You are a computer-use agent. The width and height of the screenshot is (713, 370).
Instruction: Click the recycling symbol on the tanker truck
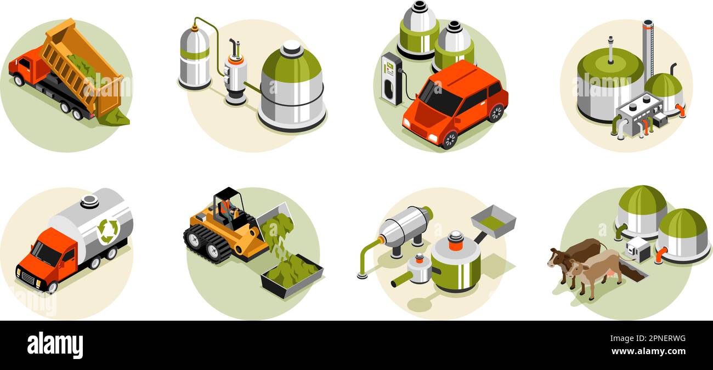108,231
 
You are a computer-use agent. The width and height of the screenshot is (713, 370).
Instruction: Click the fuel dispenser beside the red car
392,78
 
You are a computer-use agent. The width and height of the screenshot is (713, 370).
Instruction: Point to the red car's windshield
439,99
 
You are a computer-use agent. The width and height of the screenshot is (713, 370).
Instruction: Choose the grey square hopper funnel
493,220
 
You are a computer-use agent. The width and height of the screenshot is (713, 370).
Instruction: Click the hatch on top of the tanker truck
89,201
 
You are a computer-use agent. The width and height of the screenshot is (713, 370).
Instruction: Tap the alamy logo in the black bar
55,345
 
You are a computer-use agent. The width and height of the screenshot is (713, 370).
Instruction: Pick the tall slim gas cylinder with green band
194,58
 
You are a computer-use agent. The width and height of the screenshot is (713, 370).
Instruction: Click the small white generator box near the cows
637,249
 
